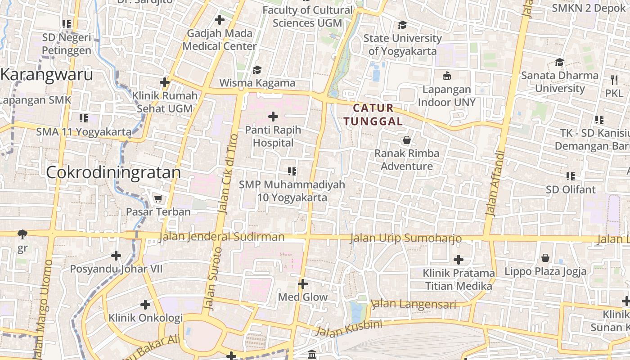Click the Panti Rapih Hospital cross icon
pyautogui.click(x=273, y=117)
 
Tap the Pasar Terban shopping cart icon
pyautogui.click(x=158, y=198)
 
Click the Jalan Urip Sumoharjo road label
pyautogui.click(x=405, y=238)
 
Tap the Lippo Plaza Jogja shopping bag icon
pyautogui.click(x=545, y=258)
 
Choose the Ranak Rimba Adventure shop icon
pyautogui.click(x=407, y=140)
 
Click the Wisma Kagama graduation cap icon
pyautogui.click(x=257, y=70)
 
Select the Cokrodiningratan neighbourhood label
pyautogui.click(x=113, y=172)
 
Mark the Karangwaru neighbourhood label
pyautogui.click(x=47, y=74)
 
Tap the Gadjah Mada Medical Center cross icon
pyautogui.click(x=220, y=20)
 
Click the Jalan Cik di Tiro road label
pyautogui.click(x=228, y=173)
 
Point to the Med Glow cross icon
pyautogui.click(x=303, y=284)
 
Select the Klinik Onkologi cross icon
pyautogui.click(x=145, y=305)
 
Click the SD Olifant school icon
pyautogui.click(x=571, y=176)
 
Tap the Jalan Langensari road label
pyautogui.click(x=414, y=304)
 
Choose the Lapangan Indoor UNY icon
pyautogui.click(x=447, y=76)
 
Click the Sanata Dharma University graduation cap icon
pyautogui.click(x=559, y=62)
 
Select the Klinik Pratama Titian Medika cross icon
pyautogui.click(x=459, y=260)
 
